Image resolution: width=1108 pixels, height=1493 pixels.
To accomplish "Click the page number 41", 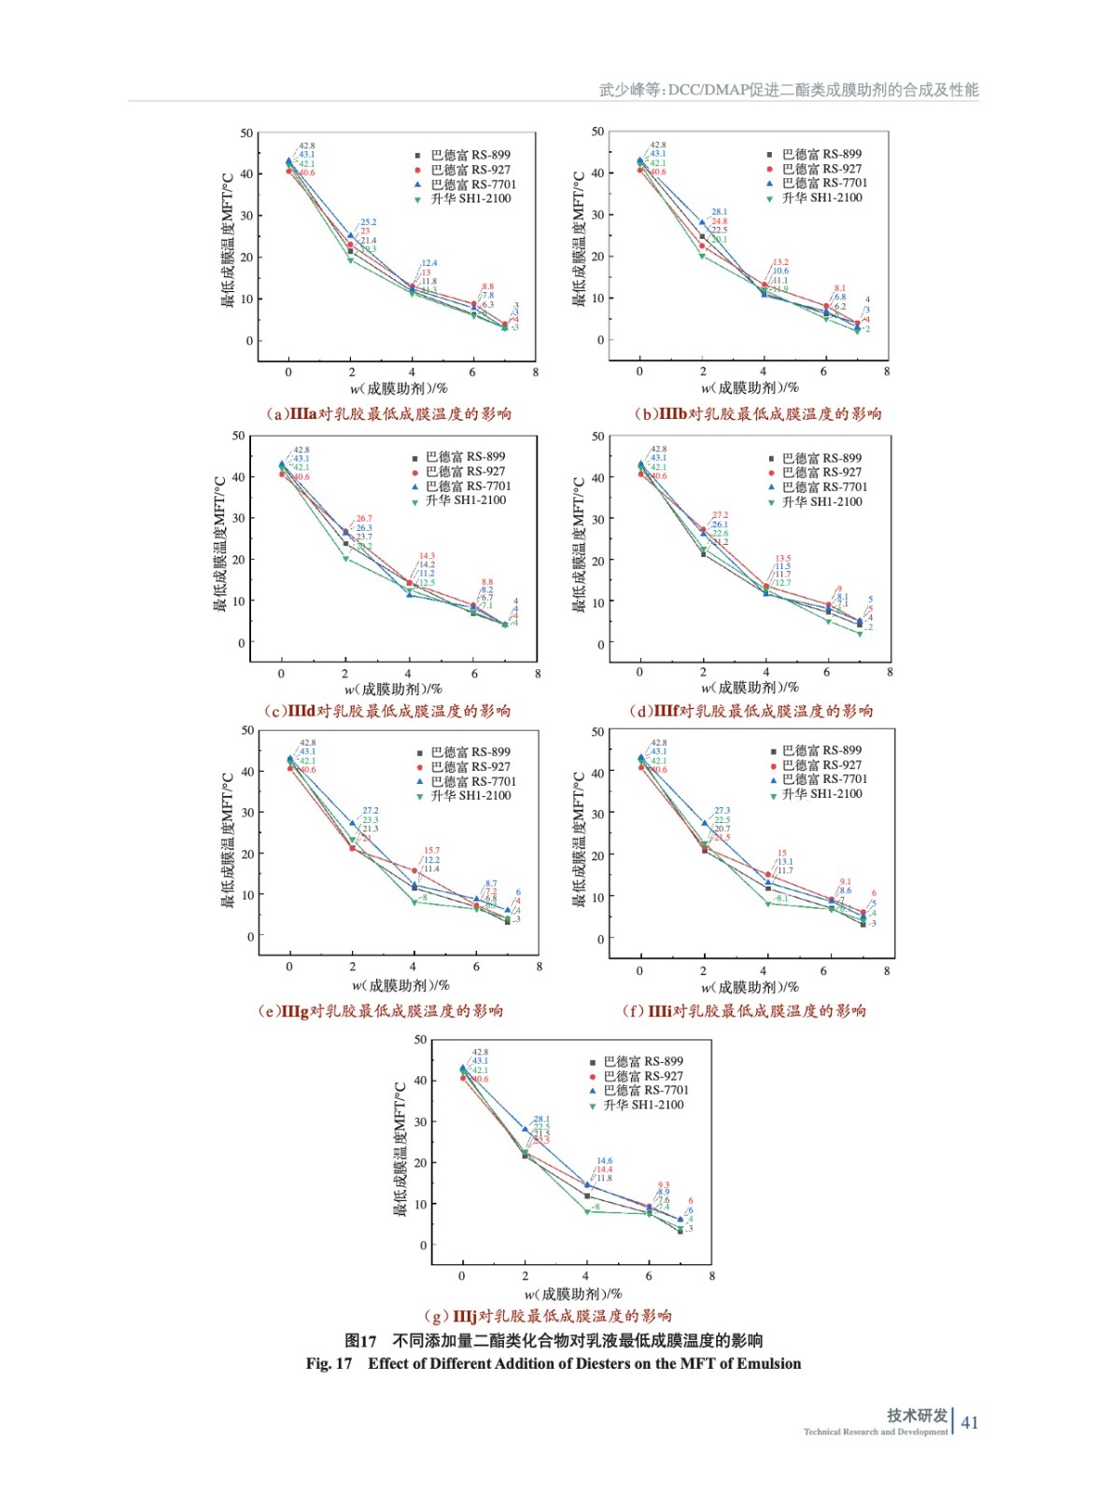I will coord(970,1422).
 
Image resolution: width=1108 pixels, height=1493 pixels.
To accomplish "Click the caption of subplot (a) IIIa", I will coord(388,413).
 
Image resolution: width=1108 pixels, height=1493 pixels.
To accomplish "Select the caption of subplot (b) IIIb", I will coord(757,413).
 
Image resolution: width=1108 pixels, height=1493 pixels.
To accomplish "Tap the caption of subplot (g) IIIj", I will coord(547,1316).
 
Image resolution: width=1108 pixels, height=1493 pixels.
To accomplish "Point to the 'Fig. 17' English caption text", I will coord(553,1363).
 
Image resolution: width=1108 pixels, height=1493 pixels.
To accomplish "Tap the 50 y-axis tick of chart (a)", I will coord(246,133).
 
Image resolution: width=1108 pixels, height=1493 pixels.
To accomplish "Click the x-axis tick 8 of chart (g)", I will coord(711,1276).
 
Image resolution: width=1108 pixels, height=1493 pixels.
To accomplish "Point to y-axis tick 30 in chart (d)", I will coord(597,519).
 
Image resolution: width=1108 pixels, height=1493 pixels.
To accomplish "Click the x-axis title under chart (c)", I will coord(393,690).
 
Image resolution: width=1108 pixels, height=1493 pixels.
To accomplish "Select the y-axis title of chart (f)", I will coord(579,839).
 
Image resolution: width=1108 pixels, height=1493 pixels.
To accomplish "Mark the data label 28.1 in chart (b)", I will coord(719,212).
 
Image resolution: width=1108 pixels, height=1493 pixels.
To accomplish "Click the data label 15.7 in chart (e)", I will coord(431,851).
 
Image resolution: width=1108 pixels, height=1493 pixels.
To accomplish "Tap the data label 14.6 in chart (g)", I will coord(605,1161).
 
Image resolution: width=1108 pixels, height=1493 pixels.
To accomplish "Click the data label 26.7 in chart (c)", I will coord(363,518).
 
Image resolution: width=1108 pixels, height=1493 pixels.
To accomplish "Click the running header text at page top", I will coord(788,90).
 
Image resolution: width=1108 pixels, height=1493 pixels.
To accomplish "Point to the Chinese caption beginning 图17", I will coord(553,1340).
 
